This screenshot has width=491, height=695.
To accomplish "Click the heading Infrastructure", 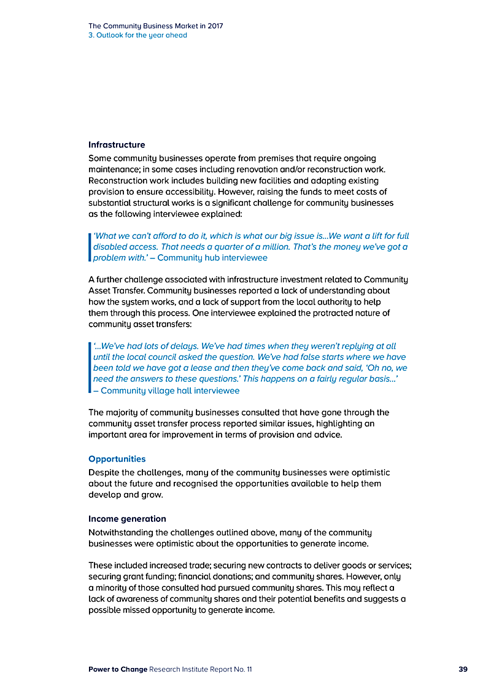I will click(x=117, y=145).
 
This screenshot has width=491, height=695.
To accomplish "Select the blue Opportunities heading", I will click(x=117, y=459).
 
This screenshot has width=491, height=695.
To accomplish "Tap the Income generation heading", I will click(x=127, y=519).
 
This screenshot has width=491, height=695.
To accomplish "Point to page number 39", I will click(x=463, y=669).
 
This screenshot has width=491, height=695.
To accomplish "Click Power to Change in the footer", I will click(x=118, y=669).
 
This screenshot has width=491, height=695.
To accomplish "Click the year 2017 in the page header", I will click(x=215, y=26).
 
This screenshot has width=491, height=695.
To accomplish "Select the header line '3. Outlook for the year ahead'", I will click(x=137, y=36).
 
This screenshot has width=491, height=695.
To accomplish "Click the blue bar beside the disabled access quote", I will click(x=90, y=247).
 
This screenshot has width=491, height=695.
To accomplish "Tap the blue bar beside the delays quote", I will click(x=90, y=368).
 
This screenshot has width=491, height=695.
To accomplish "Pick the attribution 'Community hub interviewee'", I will click(x=212, y=258).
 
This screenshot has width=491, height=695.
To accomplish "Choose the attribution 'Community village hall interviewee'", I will click(x=170, y=390).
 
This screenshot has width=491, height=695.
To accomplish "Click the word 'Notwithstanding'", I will click(x=123, y=532).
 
